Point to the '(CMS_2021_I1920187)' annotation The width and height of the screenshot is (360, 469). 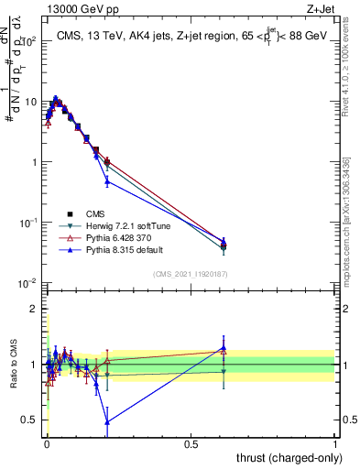189,273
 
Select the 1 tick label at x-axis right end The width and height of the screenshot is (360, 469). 335,442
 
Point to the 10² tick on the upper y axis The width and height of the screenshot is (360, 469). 29,41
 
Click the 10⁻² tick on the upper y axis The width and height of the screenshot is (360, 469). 29,283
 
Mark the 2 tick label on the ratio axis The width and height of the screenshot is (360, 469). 34,309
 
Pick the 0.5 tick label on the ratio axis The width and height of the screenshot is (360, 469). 31,420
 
